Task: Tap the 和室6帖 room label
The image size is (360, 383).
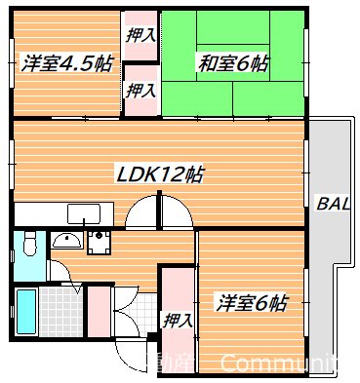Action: pos(231,65)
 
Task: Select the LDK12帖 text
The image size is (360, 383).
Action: pos(161,176)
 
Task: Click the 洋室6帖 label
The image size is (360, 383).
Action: pos(251,302)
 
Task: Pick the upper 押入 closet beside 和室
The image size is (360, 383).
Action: pos(140,35)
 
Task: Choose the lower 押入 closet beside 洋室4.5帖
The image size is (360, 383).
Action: pos(140,90)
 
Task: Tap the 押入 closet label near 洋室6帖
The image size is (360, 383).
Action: pos(178,319)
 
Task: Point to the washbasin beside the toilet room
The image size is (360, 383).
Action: pos(65,243)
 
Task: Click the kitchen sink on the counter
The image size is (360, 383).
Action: pos(82,214)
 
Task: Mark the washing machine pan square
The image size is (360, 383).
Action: pos(98,243)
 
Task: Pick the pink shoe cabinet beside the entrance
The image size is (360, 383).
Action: pos(98,310)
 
